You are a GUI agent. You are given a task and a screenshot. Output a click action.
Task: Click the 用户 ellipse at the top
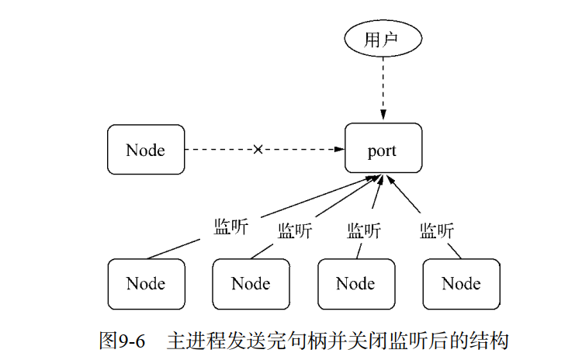382,40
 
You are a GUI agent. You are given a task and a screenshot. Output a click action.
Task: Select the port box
383,148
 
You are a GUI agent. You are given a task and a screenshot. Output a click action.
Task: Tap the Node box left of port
145,148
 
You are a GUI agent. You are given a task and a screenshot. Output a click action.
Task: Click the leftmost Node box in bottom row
145,283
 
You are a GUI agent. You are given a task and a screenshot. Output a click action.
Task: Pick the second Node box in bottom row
251,283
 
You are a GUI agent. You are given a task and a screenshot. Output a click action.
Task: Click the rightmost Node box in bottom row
461,283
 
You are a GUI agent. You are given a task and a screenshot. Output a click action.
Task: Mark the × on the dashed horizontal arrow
258,149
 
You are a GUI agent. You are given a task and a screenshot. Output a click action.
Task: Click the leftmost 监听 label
230,227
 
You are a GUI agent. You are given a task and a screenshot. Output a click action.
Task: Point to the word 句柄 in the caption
310,339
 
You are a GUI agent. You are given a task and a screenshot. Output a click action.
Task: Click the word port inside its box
383,149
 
